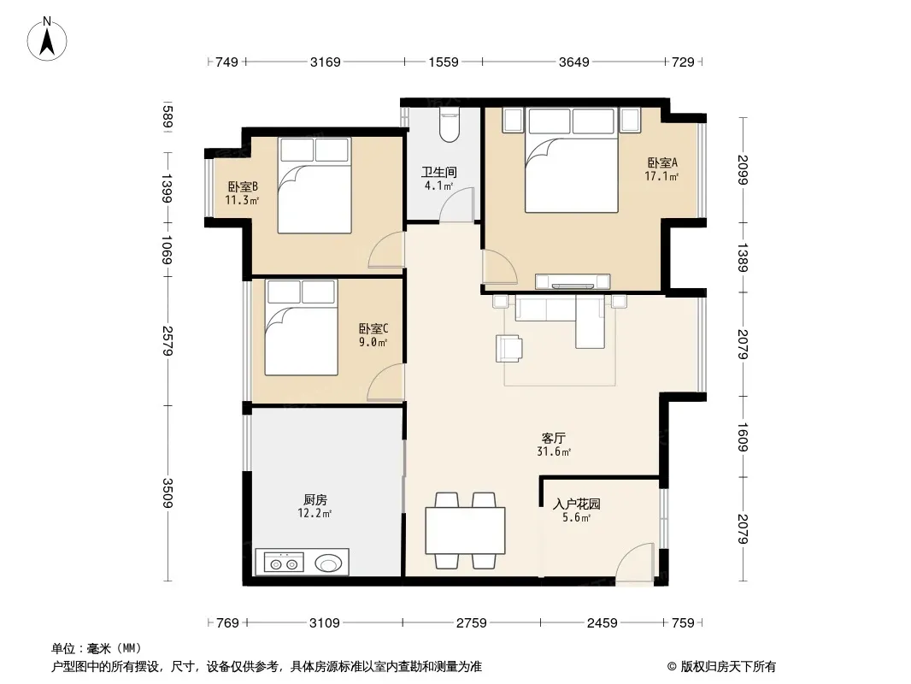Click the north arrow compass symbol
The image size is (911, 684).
click(x=47, y=39)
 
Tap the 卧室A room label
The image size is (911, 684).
click(x=662, y=162)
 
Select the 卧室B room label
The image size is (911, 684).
click(x=243, y=186)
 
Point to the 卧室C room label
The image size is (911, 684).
click(x=373, y=329)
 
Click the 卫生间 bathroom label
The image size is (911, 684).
click(x=439, y=172)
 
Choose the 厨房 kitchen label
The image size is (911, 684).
click(x=314, y=500)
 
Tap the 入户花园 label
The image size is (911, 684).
click(x=577, y=504)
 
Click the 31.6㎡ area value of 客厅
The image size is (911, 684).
click(x=554, y=451)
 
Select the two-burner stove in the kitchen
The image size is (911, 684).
click(x=284, y=563)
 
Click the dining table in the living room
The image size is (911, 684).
click(x=465, y=531)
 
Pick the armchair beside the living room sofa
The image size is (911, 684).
click(x=509, y=348)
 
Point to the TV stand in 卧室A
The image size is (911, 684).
click(x=573, y=281)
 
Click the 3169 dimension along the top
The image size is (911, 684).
click(x=326, y=62)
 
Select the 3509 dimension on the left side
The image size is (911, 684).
click(x=168, y=492)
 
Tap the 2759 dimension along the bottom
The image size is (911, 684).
click(x=471, y=623)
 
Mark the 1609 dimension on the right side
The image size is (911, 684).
click(x=743, y=437)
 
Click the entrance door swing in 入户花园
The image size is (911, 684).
click(x=635, y=561)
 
